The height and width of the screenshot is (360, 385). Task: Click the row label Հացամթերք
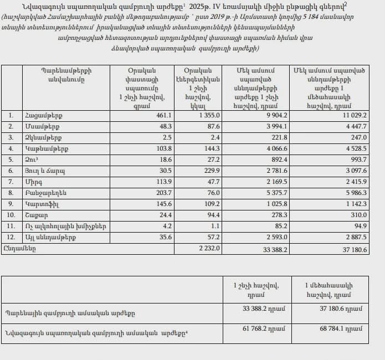pyautogui.click(x=44, y=115)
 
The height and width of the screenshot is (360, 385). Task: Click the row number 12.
pyautogui.click(x=12, y=237)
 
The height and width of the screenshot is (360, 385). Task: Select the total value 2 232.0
pyautogui.click(x=209, y=249)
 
